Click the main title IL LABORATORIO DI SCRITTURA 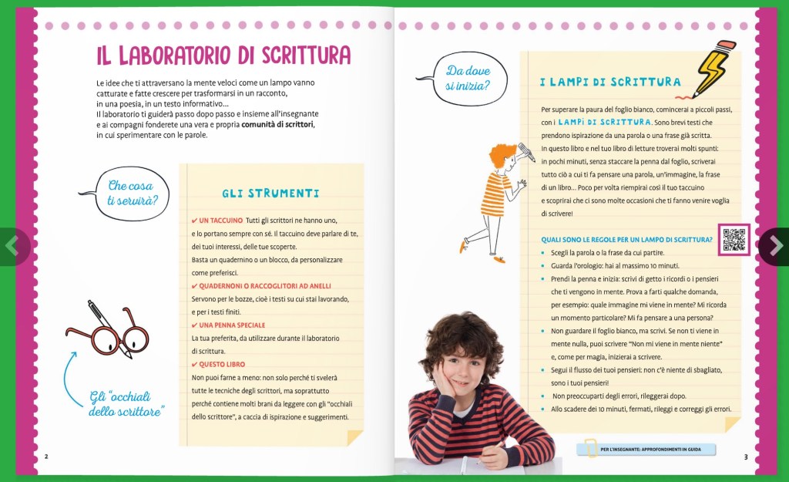tap(223, 56)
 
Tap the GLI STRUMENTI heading tap(270, 193)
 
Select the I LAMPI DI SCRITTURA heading tap(609, 82)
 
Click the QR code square tap(734, 239)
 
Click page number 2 tap(47, 456)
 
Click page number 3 tap(746, 457)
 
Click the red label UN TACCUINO tap(220, 221)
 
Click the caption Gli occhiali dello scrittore tap(127, 404)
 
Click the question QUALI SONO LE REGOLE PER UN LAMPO tap(626, 239)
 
